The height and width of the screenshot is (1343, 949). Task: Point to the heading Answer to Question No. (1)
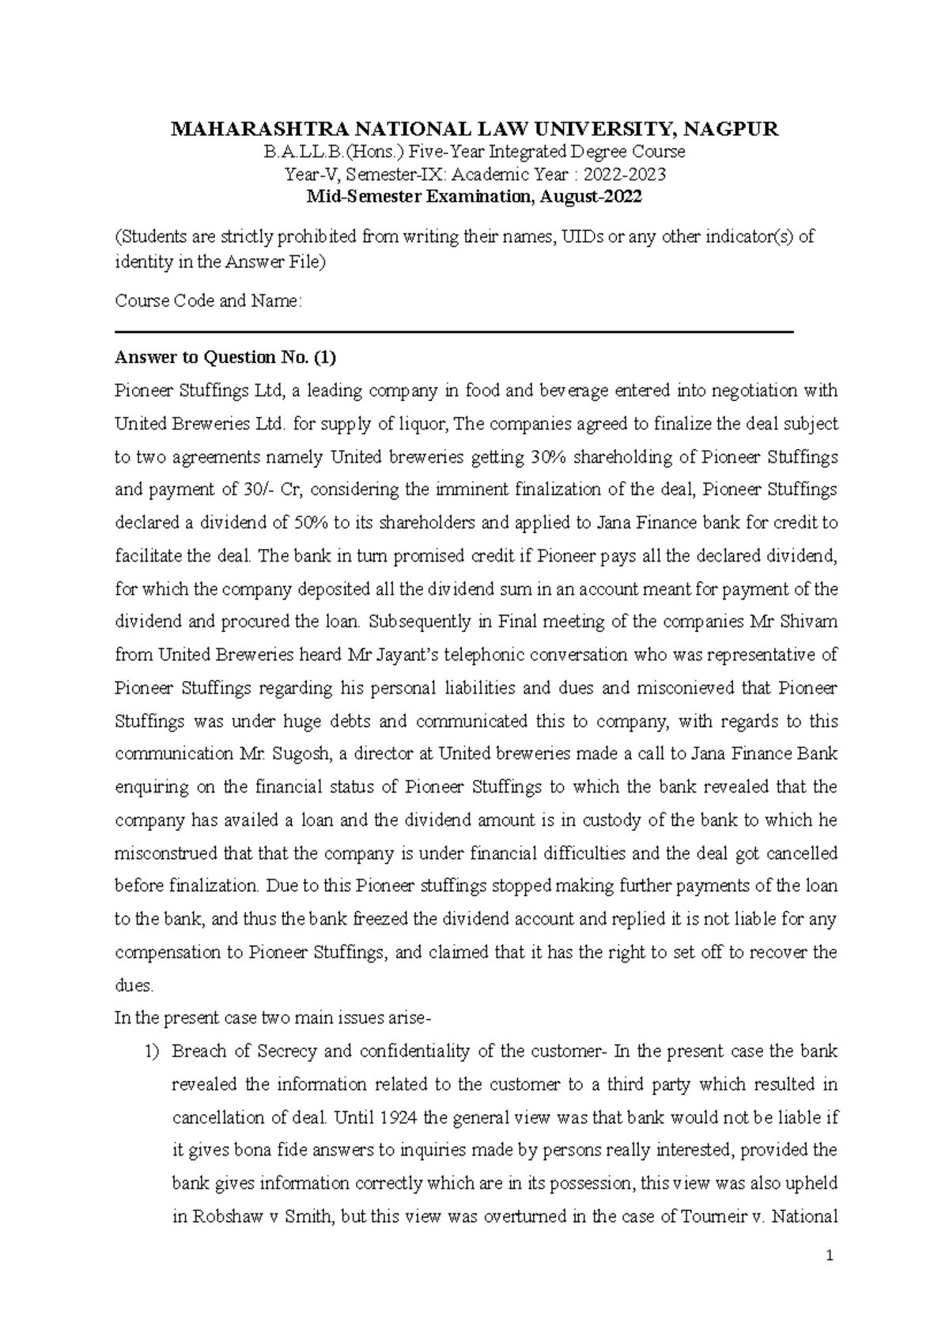tap(225, 358)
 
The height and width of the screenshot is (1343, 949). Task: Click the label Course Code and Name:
tap(208, 301)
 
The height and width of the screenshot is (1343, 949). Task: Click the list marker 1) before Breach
tap(152, 1052)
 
